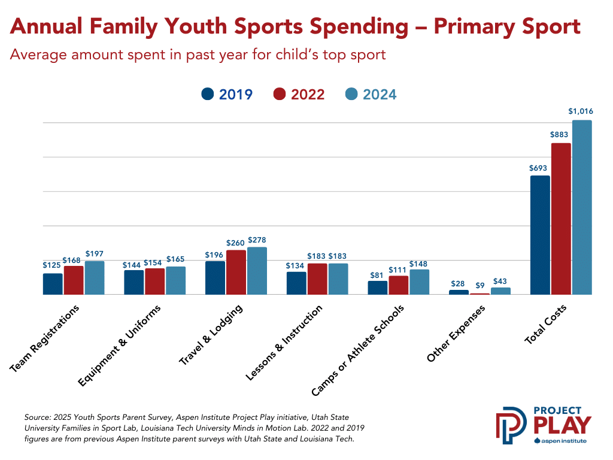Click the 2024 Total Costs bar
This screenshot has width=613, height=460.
581,207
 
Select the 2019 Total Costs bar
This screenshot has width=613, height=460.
540,235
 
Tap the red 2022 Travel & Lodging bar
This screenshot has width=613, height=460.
236,272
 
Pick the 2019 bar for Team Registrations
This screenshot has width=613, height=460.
53,284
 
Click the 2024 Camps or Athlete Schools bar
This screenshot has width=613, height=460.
419,282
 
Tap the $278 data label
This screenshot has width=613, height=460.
257,240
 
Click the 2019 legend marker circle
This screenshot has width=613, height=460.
208,95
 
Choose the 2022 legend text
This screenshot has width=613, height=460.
308,95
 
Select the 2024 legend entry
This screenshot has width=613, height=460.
371,95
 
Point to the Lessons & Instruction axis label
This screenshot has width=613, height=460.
284,343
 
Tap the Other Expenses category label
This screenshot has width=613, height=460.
456,334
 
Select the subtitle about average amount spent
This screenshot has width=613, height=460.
198,55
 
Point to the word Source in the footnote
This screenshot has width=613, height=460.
37,416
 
